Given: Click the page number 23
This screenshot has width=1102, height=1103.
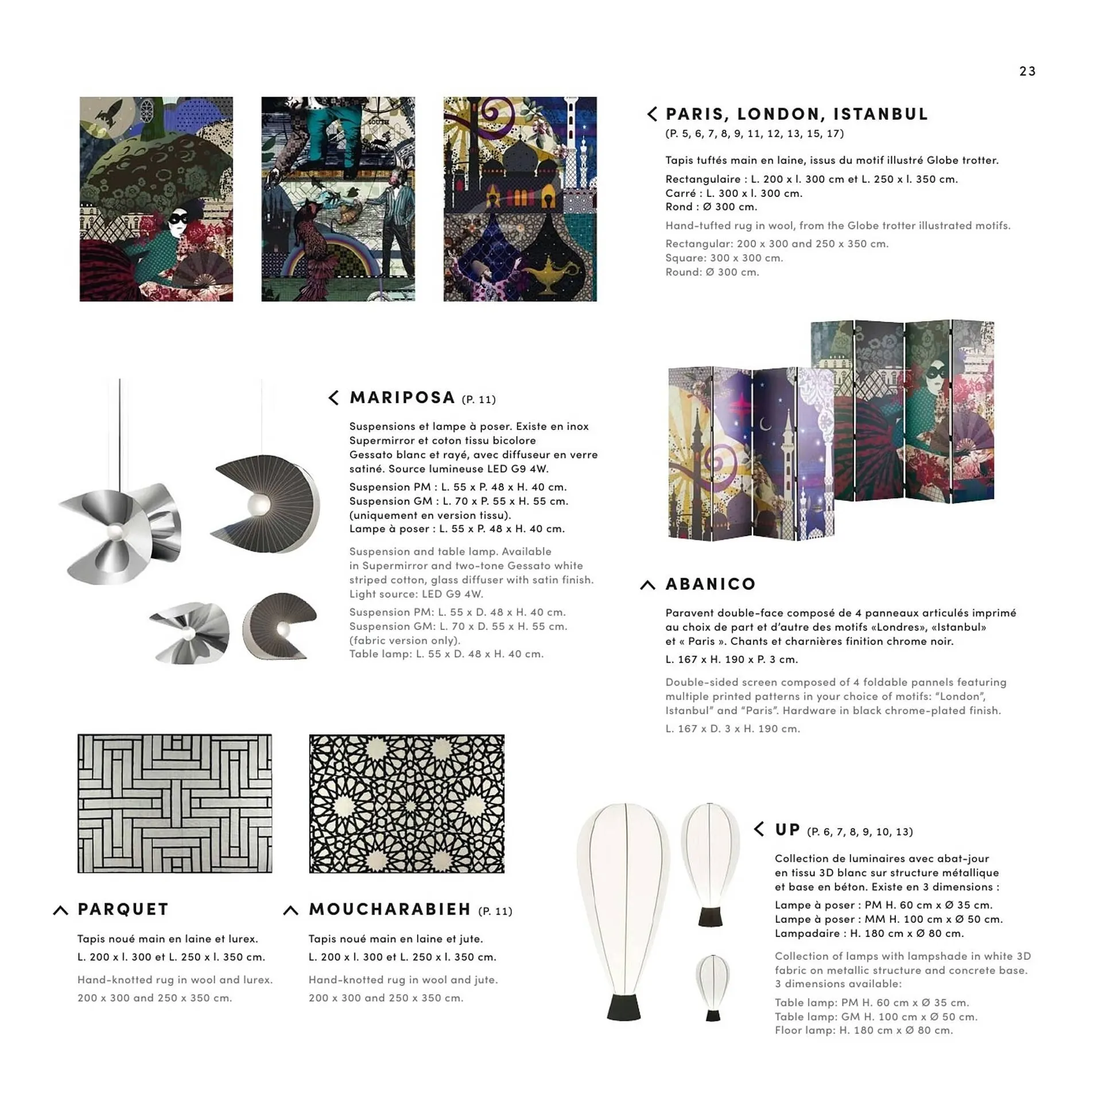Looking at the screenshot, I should coord(1027,71).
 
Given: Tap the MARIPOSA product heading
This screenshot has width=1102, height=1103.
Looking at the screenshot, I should coord(402,397).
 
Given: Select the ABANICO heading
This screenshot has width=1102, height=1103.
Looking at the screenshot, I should coord(710,584).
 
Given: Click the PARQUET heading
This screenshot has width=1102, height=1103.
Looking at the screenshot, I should coord(123,909).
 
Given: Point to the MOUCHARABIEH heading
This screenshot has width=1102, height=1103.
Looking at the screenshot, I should coord(390,909).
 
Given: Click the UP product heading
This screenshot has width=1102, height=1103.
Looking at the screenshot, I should coord(787,830).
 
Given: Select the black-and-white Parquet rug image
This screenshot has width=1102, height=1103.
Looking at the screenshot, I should coord(174,803).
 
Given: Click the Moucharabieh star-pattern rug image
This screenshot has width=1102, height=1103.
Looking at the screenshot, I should coord(406,803).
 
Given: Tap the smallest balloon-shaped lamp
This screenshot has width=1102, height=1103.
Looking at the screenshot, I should coord(712,986).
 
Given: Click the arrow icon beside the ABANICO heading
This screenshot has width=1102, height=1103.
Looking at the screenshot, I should coord(647,585).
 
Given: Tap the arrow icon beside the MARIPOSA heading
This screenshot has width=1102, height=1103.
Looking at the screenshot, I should coord(333,397).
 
